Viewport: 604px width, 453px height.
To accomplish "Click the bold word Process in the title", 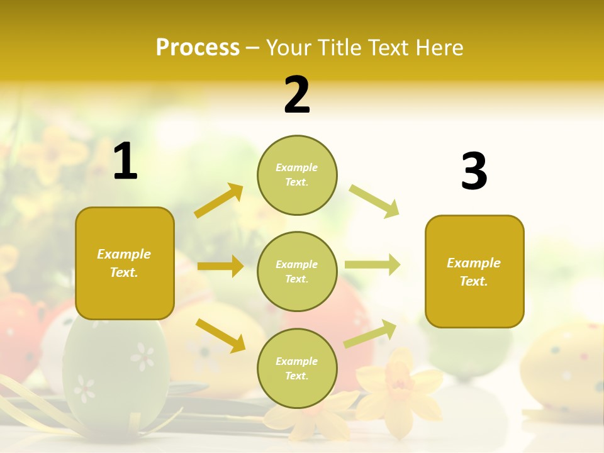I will tap(198, 47).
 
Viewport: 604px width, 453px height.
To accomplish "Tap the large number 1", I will tap(125, 162).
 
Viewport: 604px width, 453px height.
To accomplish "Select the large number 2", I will tap(297, 95).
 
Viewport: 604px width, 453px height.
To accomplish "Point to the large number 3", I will tap(474, 171).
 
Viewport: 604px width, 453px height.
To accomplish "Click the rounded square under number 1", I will tap(125, 263).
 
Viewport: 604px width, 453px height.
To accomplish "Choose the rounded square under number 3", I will tap(474, 271).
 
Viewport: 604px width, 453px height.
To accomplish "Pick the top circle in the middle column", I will tap(297, 175).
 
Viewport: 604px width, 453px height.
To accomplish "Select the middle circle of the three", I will tap(297, 271).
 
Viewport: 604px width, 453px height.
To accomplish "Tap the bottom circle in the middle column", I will tap(297, 368).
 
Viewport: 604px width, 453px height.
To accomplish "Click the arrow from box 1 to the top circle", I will tap(219, 201).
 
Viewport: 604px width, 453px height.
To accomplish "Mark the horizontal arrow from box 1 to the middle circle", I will tap(220, 266).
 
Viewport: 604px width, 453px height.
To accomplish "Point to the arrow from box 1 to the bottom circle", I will tap(220, 335).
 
